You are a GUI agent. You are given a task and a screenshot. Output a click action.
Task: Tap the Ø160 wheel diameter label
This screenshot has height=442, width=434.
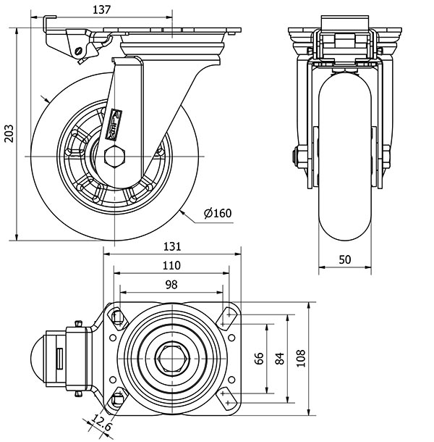[217, 213]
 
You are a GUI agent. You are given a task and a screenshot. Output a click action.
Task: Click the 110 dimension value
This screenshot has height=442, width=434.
[171, 265]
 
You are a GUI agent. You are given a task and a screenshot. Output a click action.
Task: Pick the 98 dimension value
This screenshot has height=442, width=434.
[171, 285]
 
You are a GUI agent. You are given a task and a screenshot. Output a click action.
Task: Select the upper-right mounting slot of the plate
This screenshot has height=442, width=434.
[228, 315]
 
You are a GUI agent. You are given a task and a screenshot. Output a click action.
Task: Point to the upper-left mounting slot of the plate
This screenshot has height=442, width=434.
[116, 315]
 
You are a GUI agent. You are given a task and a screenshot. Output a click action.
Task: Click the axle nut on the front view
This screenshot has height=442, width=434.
[298, 156]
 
